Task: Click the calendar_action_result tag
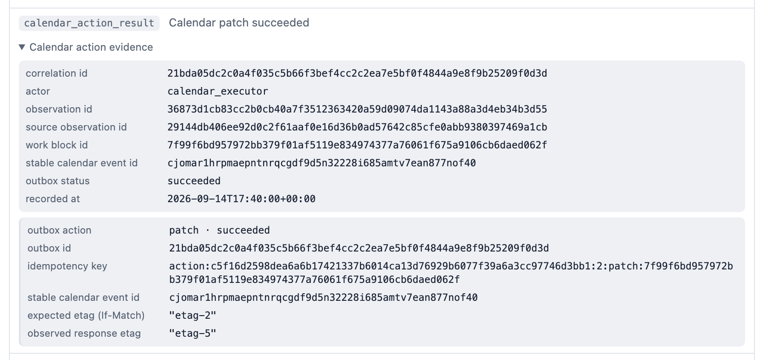(89, 23)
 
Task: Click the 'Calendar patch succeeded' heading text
(239, 23)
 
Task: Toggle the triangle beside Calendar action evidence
(22, 47)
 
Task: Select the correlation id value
(357, 73)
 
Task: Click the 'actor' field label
(38, 91)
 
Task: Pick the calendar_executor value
(218, 91)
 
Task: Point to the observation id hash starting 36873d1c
(357, 109)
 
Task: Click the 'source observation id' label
(76, 127)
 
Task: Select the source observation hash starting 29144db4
(357, 127)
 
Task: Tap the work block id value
(357, 145)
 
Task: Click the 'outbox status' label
(57, 181)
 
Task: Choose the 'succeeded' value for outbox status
(194, 181)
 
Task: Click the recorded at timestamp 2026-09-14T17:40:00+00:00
(242, 199)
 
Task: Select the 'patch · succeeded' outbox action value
(219, 230)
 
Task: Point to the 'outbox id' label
(49, 248)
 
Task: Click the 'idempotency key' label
(67, 266)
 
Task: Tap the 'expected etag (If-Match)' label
(86, 315)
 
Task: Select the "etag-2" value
(193, 315)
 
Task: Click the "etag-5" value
(193, 334)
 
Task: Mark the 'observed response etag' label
(84, 334)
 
